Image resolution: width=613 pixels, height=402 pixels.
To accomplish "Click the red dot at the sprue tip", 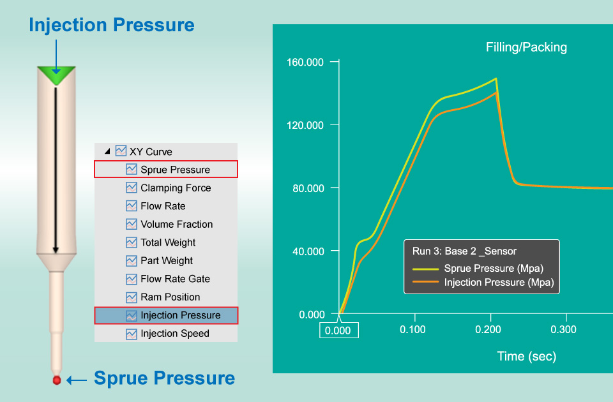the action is click(x=57, y=380).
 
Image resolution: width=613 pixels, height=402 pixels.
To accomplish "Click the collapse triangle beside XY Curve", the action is click(x=107, y=151).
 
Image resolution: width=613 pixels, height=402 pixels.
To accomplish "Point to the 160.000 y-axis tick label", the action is click(x=305, y=62).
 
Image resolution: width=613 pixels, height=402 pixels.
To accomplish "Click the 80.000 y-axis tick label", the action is click(x=308, y=188).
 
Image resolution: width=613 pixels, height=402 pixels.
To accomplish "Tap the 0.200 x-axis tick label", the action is click(x=488, y=329).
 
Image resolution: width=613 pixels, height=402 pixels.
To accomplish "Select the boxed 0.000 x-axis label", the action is click(x=338, y=331).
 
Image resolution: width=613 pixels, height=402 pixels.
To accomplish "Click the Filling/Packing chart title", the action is click(x=526, y=47).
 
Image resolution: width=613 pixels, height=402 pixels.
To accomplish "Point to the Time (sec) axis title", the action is click(x=526, y=356).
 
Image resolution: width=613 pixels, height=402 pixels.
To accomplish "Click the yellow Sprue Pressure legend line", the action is click(x=425, y=269).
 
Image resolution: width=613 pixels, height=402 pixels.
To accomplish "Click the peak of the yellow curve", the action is click(x=496, y=78).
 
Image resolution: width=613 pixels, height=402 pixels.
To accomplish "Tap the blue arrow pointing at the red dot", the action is click(x=77, y=380).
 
